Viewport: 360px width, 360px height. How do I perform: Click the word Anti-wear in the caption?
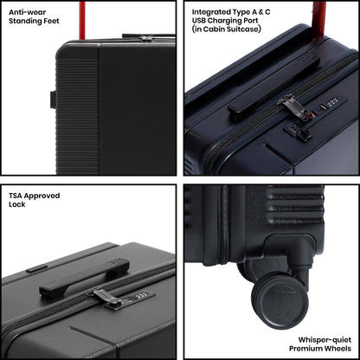coord(27,12)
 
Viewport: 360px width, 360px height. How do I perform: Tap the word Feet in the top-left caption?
coord(51,21)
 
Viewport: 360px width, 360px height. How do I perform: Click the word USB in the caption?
coord(199,21)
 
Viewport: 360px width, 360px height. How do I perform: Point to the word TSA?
coord(16,196)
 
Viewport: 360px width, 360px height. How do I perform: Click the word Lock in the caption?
coord(17,204)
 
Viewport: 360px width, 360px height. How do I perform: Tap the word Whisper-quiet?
coord(325,340)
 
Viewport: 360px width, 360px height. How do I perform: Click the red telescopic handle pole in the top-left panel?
coord(82,20)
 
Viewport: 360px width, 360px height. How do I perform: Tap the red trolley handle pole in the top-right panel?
coord(319,19)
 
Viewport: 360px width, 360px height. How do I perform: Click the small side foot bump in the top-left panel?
coord(53,100)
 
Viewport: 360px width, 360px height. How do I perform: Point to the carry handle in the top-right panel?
coord(274,87)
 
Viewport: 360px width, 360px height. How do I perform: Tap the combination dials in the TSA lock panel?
coord(140,295)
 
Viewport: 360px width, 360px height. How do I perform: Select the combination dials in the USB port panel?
coord(332,101)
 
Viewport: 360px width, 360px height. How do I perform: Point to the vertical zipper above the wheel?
coord(224,225)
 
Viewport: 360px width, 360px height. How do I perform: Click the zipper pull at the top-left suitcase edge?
coord(146,38)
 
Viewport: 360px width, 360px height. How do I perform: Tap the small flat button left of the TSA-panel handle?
coord(36,268)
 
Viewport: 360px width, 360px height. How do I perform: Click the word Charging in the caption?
coord(225,21)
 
